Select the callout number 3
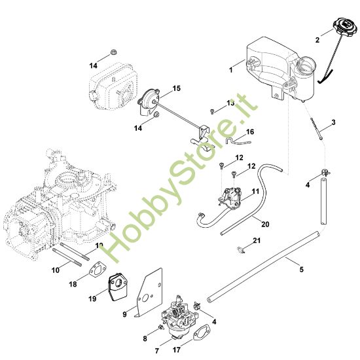(334, 122)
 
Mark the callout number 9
(124, 315)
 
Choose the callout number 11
(256, 191)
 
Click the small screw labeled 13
(213, 112)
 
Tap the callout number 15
(176, 88)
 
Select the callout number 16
(251, 132)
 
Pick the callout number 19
(92, 299)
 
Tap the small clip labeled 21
(243, 248)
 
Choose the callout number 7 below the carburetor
(156, 351)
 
